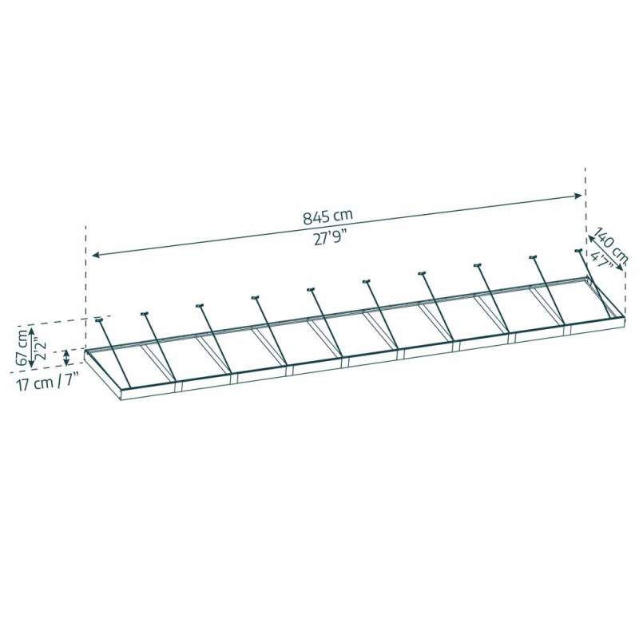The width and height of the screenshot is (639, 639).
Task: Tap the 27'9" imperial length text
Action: pyautogui.click(x=327, y=238)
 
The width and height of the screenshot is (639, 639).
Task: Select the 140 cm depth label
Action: pyautogui.click(x=610, y=245)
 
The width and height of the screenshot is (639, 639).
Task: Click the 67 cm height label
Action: pyautogui.click(x=23, y=347)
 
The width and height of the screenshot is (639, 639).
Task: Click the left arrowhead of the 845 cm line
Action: pyautogui.click(x=95, y=255)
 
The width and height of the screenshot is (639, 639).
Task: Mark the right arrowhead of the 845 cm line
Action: pyautogui.click(x=577, y=196)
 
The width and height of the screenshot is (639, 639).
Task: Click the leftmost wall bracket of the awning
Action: pyautogui.click(x=98, y=320)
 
